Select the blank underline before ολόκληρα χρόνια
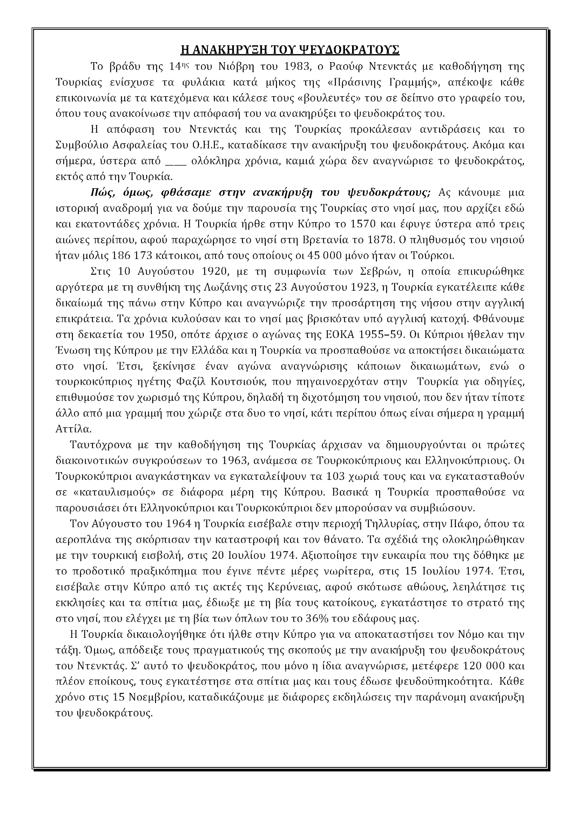pyautogui.click(x=176, y=162)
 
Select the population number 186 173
pyautogui.click(x=123, y=255)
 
